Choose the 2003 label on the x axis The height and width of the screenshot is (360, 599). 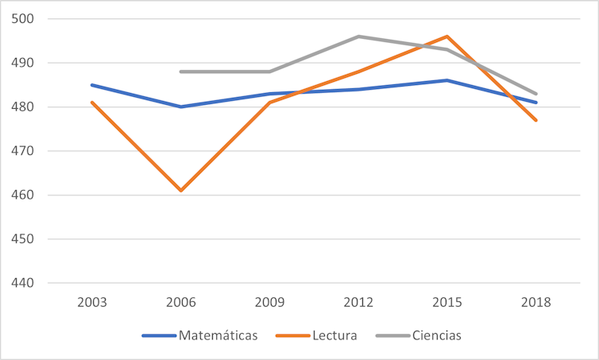pyautogui.click(x=92, y=303)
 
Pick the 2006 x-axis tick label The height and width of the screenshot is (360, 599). pyautogui.click(x=181, y=303)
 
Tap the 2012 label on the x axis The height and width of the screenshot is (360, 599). pyautogui.click(x=358, y=303)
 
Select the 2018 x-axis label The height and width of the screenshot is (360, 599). pyautogui.click(x=536, y=303)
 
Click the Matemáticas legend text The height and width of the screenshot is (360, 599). pyautogui.click(x=218, y=335)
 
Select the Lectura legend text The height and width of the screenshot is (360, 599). pyautogui.click(x=336, y=335)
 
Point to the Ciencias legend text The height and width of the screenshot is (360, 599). pyautogui.click(x=436, y=335)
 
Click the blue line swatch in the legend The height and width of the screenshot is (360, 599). pyautogui.click(x=158, y=335)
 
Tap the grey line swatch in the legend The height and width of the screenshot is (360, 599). pyautogui.click(x=392, y=335)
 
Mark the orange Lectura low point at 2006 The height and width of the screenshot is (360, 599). pyautogui.click(x=181, y=191)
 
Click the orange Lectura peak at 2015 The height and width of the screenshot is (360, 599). pyautogui.click(x=447, y=37)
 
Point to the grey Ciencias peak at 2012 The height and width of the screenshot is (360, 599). pyautogui.click(x=358, y=37)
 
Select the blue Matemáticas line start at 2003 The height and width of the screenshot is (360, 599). pyautogui.click(x=92, y=85)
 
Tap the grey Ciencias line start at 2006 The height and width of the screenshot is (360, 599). pyautogui.click(x=181, y=72)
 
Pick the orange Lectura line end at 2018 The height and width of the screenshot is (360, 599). pyautogui.click(x=536, y=120)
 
